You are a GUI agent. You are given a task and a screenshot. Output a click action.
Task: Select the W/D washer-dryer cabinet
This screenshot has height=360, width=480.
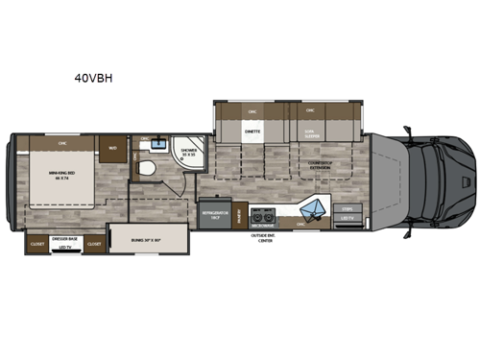[x=112, y=150]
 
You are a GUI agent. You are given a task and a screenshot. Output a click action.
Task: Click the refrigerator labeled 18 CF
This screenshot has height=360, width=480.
[x=210, y=217]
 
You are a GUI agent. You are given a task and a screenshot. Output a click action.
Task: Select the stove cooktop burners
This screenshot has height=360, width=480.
[x=264, y=212]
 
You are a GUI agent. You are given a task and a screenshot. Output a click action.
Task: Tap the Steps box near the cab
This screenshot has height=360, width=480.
[x=347, y=206]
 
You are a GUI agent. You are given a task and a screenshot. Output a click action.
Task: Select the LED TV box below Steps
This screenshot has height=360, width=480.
[x=347, y=218]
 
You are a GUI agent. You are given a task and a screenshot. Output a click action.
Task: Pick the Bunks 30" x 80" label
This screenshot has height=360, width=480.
[x=140, y=235]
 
